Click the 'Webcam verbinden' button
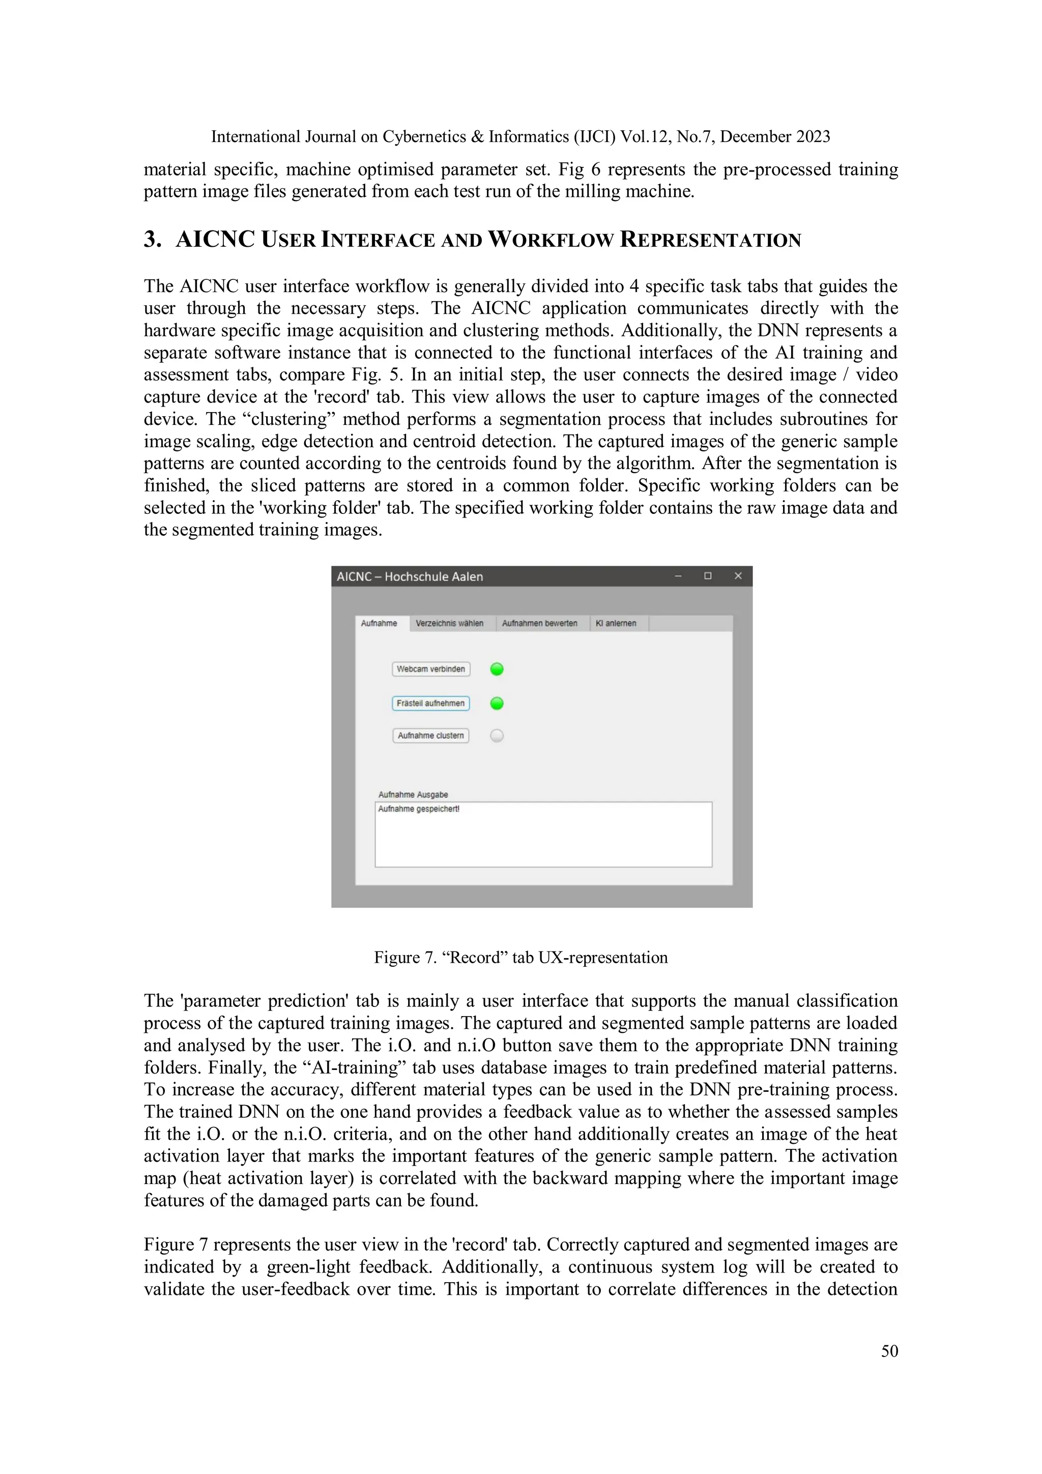431,669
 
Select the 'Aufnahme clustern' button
431,736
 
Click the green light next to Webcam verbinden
497,669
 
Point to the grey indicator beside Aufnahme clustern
497,736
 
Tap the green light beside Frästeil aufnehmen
497,704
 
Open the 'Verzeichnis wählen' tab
449,623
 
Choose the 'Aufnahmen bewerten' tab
539,623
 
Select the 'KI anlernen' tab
616,623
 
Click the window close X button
738,576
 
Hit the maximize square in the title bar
708,576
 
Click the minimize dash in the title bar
678,576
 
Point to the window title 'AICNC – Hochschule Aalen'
410,576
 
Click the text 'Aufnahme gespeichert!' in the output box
419,809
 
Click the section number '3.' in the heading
152,240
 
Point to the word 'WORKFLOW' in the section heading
551,240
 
